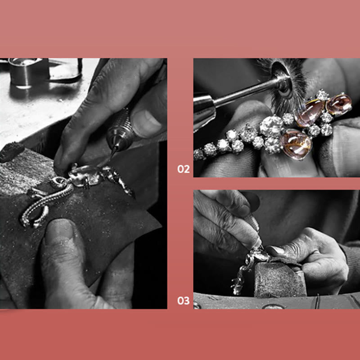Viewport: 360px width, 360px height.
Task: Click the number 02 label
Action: tap(183, 170)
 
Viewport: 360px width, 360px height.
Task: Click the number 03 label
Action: tap(183, 301)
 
